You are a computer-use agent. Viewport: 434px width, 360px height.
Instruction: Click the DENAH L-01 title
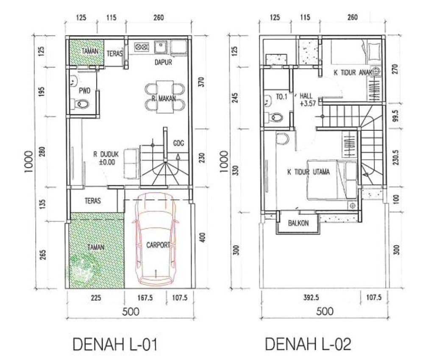[115, 344]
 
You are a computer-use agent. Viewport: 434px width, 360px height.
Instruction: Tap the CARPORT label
[158, 245]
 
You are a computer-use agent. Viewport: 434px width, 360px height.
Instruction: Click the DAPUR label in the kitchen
[163, 62]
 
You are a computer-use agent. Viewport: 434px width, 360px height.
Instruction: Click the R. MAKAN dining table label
[164, 99]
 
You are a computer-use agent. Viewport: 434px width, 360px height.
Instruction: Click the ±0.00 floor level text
[107, 162]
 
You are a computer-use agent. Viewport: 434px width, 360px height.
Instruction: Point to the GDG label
[178, 143]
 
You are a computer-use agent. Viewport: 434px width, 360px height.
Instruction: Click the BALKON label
[298, 223]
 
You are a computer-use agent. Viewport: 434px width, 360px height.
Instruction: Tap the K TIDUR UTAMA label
[309, 172]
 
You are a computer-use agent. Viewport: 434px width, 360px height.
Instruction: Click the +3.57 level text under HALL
[308, 104]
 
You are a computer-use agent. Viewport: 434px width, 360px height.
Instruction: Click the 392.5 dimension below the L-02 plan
[311, 297]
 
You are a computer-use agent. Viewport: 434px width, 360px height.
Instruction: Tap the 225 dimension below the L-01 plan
[96, 298]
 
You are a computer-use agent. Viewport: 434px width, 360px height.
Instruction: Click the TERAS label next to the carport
[93, 200]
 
